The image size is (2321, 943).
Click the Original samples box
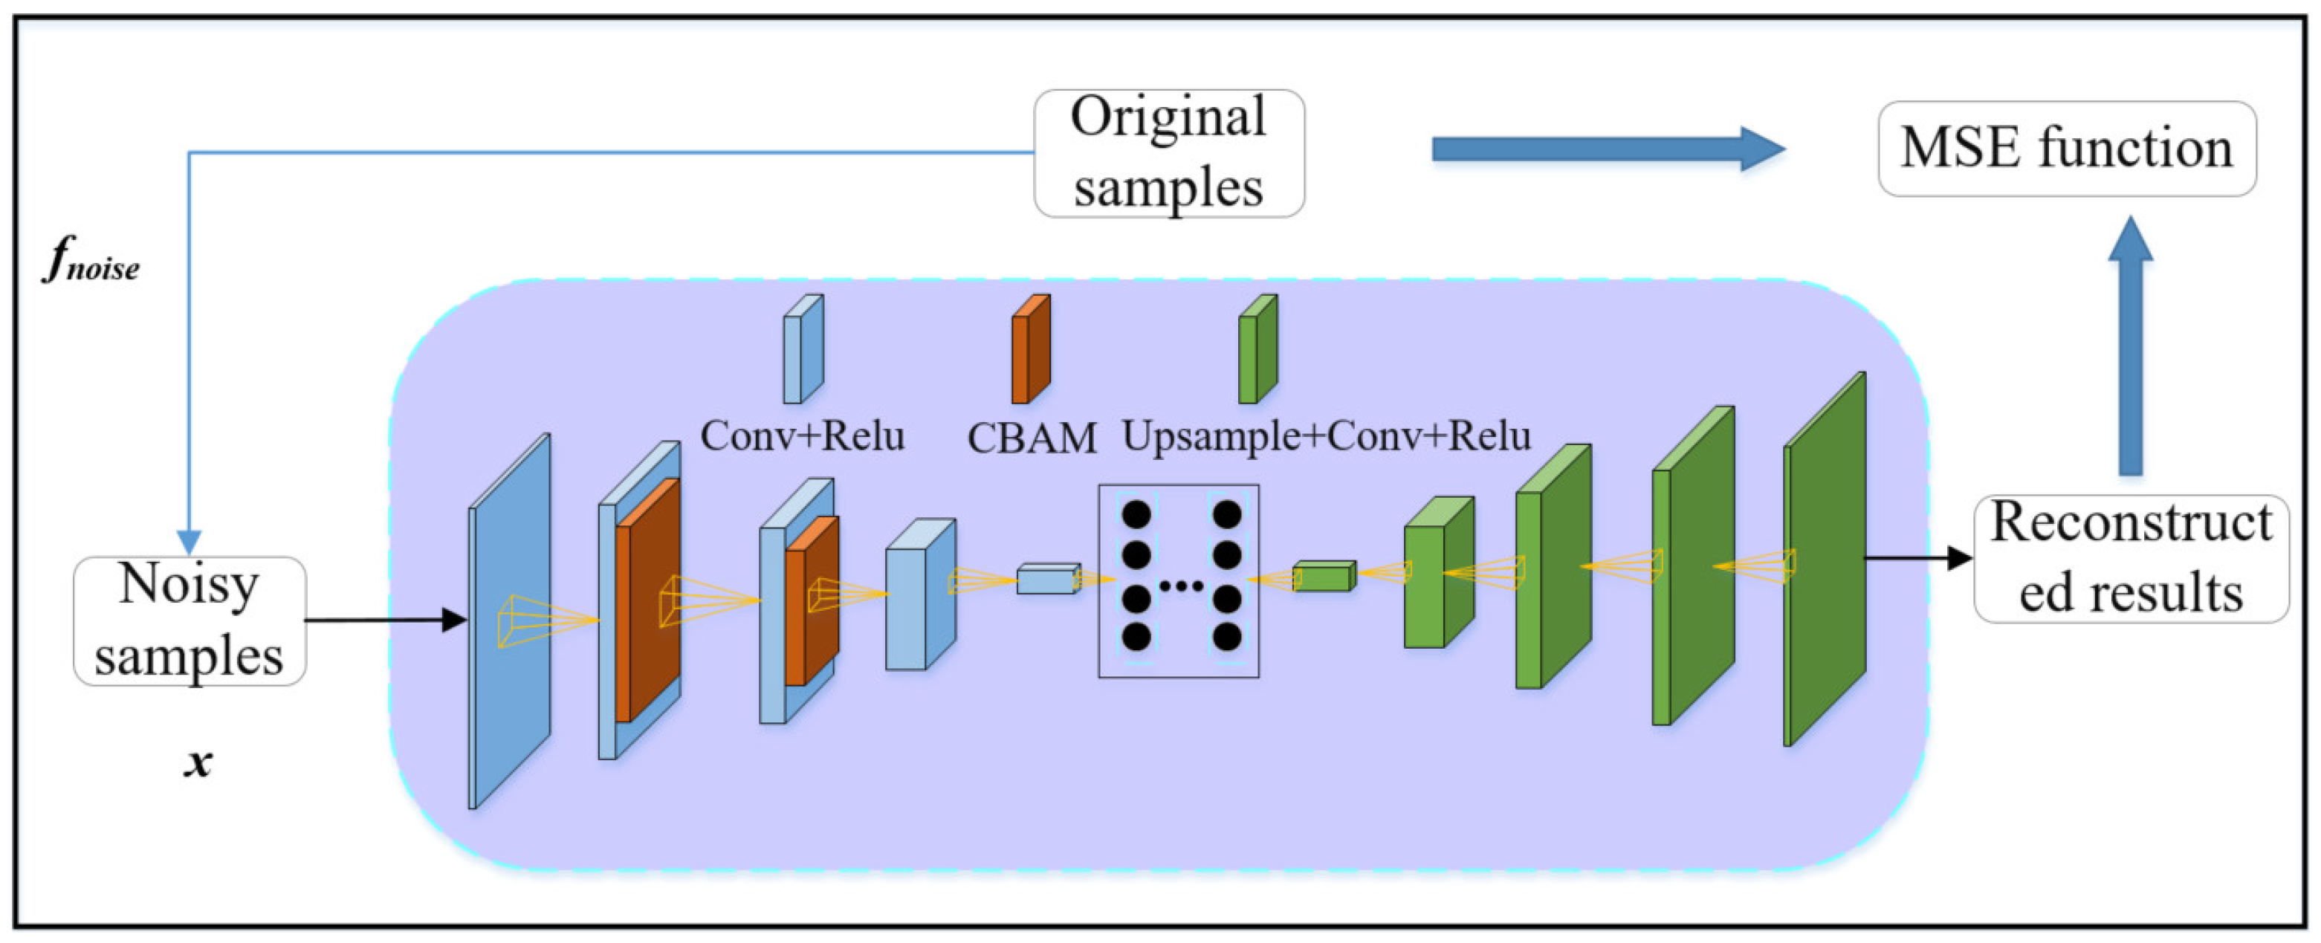point(1168,153)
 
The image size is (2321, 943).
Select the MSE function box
point(2066,149)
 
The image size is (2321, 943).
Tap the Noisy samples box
point(190,620)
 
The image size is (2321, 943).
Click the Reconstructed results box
point(2130,558)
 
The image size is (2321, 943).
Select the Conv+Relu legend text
point(802,436)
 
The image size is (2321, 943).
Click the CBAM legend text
point(1032,438)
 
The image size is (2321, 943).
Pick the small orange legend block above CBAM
point(1030,349)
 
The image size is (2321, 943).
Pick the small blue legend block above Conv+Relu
point(802,349)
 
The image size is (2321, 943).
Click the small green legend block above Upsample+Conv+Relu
point(1257,349)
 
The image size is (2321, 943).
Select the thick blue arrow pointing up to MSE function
point(2130,347)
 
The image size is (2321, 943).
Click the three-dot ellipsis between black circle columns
point(1180,586)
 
